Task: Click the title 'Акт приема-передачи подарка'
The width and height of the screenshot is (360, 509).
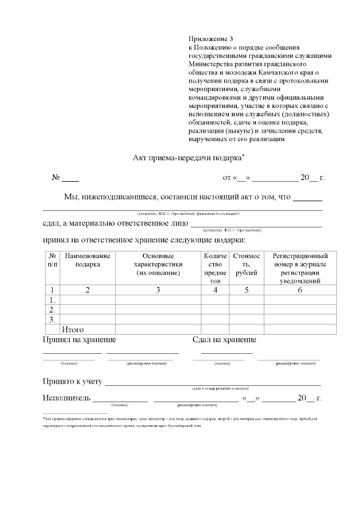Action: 188,157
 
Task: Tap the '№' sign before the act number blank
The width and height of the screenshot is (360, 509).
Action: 56,178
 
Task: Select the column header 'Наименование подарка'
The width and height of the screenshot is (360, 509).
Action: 87,260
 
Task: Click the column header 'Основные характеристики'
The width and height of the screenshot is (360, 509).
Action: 158,264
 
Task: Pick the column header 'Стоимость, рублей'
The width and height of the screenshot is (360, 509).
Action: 246,264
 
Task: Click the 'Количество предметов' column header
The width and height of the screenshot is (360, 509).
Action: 215,268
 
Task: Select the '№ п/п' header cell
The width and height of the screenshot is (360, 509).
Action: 52,260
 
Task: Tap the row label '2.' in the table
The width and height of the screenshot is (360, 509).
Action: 52,310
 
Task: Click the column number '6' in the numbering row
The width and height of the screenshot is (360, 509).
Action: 300,290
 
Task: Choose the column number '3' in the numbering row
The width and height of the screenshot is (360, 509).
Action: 158,290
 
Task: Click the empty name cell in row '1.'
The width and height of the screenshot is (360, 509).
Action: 87,300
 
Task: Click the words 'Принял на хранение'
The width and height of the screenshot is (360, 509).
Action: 79,340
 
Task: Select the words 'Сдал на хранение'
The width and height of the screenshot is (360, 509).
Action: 224,340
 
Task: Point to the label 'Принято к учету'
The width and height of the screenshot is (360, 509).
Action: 72,382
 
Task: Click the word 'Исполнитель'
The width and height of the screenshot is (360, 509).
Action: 66,398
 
